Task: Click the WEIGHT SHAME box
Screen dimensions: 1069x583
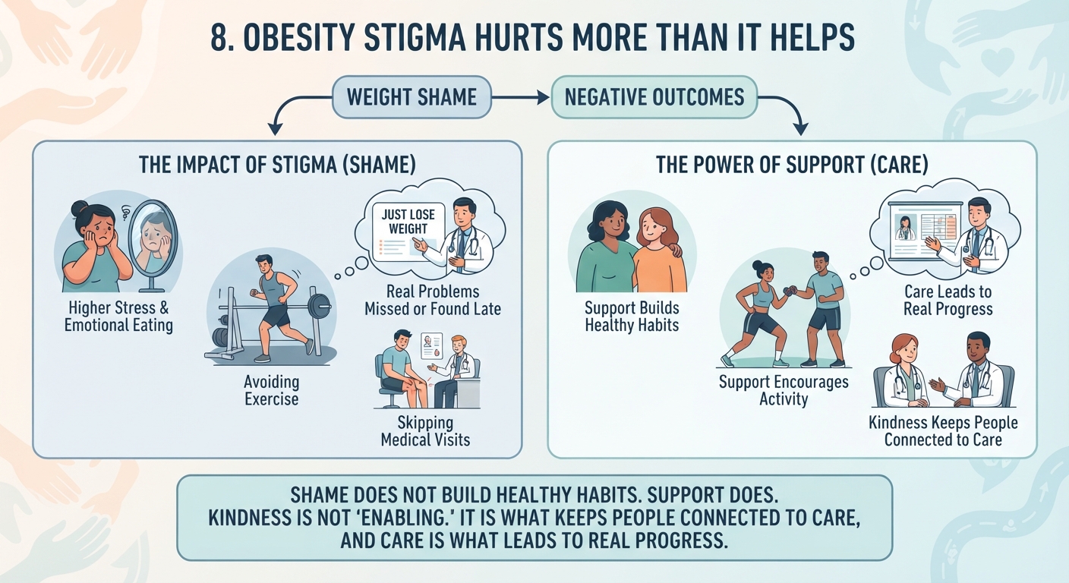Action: pos(412,97)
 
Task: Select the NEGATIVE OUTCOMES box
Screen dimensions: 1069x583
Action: pos(654,97)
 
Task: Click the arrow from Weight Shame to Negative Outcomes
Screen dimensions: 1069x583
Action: pos(521,97)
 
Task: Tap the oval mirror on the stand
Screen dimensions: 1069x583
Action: pos(153,244)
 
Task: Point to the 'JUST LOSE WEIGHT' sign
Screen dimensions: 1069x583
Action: pos(408,232)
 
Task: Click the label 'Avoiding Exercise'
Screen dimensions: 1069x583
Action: pos(272,390)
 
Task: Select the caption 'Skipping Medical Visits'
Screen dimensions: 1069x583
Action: pos(425,431)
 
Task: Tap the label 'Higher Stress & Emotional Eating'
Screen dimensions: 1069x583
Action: pos(118,317)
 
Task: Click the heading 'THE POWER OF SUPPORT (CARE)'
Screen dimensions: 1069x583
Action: pos(792,165)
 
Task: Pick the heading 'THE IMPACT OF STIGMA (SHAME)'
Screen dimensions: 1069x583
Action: pos(277,165)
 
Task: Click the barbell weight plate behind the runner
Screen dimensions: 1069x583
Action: pos(319,306)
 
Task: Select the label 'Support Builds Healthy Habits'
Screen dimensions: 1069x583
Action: pos(632,317)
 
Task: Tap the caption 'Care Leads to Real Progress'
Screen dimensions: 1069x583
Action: pos(948,300)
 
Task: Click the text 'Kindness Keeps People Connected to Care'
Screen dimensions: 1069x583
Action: pos(943,431)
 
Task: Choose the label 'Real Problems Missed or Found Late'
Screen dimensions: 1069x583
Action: pos(432,300)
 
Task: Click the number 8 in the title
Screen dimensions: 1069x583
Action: pos(219,37)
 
